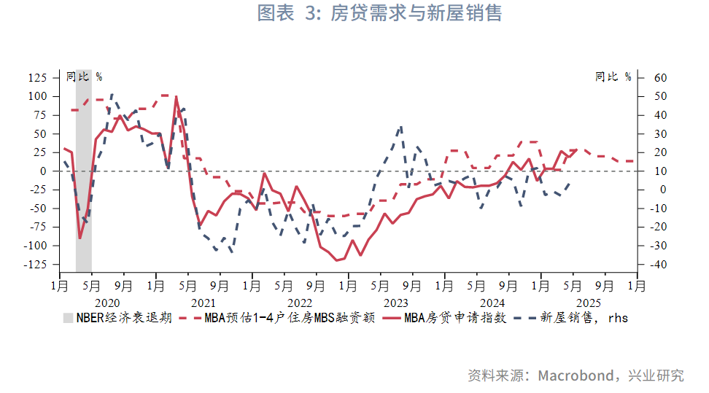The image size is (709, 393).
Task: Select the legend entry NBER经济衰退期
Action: (117, 318)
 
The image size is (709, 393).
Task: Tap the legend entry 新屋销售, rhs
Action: (575, 318)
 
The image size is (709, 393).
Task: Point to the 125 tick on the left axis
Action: (36, 77)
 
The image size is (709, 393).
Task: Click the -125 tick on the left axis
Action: (34, 265)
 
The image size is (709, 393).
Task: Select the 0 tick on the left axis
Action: (43, 171)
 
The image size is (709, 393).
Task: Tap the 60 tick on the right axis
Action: (661, 77)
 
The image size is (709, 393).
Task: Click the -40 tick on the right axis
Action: (659, 265)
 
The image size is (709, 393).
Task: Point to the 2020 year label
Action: (106, 303)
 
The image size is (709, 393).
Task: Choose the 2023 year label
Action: (396, 303)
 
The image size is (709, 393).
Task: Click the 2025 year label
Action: (589, 303)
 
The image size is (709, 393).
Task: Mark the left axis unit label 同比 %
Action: (83, 77)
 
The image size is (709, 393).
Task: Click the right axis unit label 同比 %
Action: (613, 77)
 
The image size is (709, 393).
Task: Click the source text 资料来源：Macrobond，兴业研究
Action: (576, 376)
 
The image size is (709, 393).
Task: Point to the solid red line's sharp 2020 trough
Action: (80, 238)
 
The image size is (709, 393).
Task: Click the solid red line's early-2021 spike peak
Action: (176, 96)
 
